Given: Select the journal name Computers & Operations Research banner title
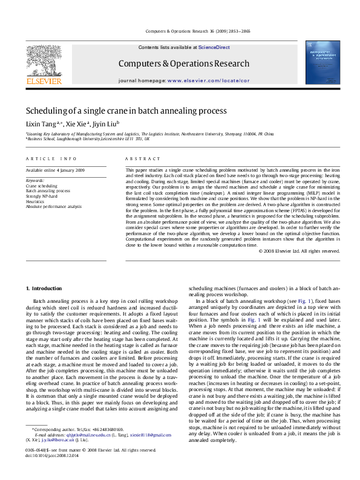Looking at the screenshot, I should (x=183, y=63).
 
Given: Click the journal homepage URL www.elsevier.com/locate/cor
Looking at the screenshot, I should (x=208, y=80).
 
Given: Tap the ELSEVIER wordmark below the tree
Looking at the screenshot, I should (x=43, y=80).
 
